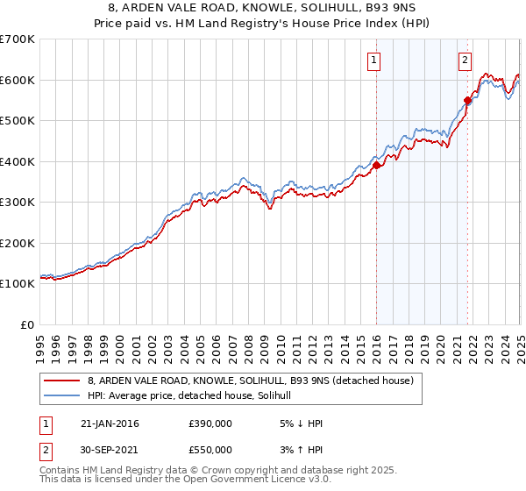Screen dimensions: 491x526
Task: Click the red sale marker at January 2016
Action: (x=376, y=165)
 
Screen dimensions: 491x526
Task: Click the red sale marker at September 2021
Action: (x=467, y=100)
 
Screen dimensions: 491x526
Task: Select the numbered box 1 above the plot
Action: (x=373, y=60)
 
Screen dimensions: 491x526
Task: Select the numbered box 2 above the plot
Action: (x=465, y=60)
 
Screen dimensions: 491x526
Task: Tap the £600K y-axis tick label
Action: (x=17, y=80)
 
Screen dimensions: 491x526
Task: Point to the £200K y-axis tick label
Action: (x=17, y=243)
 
